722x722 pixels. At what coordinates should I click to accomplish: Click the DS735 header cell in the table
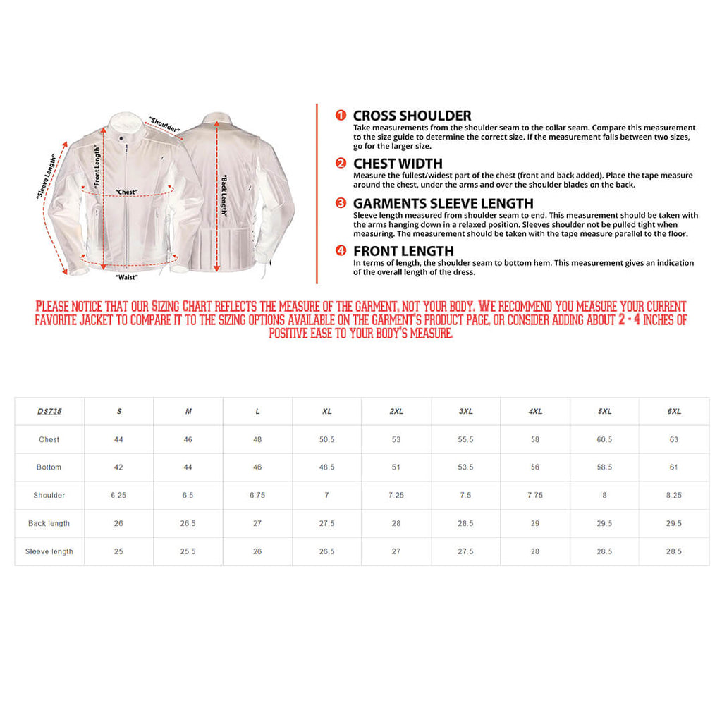[49, 411]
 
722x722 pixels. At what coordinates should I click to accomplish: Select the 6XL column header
[674, 411]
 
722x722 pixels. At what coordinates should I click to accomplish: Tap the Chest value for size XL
[326, 439]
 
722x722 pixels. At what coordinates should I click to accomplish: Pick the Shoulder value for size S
[118, 496]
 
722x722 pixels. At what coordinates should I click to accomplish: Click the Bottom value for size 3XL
[465, 467]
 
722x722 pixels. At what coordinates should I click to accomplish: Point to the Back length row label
[49, 524]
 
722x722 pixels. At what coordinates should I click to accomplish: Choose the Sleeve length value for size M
[188, 551]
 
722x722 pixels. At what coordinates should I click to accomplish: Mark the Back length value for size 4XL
[535, 524]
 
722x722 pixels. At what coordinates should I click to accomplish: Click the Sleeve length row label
[49, 551]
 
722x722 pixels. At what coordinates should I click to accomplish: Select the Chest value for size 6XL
[674, 439]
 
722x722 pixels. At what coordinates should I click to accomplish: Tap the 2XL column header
[396, 411]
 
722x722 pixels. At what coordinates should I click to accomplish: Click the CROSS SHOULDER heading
[412, 116]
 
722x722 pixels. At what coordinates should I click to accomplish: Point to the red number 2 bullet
[341, 164]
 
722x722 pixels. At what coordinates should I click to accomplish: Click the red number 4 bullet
[341, 251]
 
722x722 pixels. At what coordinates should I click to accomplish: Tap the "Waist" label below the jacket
[126, 277]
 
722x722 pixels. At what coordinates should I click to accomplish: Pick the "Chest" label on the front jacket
[126, 192]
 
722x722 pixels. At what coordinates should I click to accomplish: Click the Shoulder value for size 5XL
[604, 496]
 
